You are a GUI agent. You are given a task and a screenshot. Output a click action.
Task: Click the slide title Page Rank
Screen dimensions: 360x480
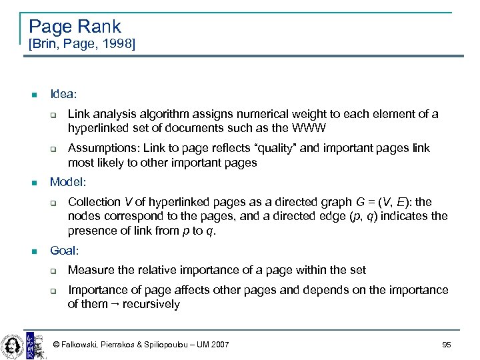[75, 27]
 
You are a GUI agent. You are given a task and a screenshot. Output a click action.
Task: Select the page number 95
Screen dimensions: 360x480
[446, 344]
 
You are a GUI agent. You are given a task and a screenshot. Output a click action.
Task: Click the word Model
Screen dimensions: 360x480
[68, 181]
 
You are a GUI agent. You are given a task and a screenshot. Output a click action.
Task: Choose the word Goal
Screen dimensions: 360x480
[64, 251]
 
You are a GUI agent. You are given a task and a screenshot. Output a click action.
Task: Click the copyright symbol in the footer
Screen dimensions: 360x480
[56, 344]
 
